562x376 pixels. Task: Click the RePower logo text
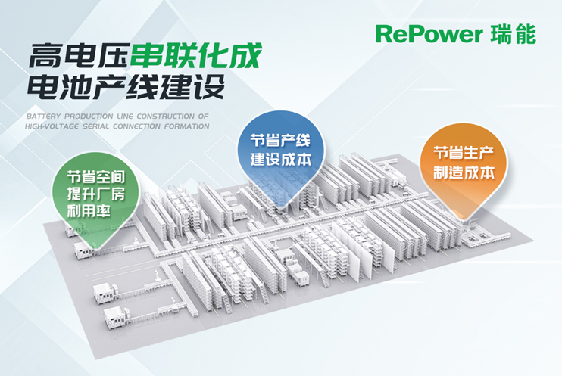[428, 35]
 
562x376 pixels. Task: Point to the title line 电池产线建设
[126, 88]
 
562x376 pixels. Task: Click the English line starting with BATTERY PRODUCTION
[117, 117]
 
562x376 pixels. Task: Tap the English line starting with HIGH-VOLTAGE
[117, 127]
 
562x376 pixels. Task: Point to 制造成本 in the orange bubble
[464, 172]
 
